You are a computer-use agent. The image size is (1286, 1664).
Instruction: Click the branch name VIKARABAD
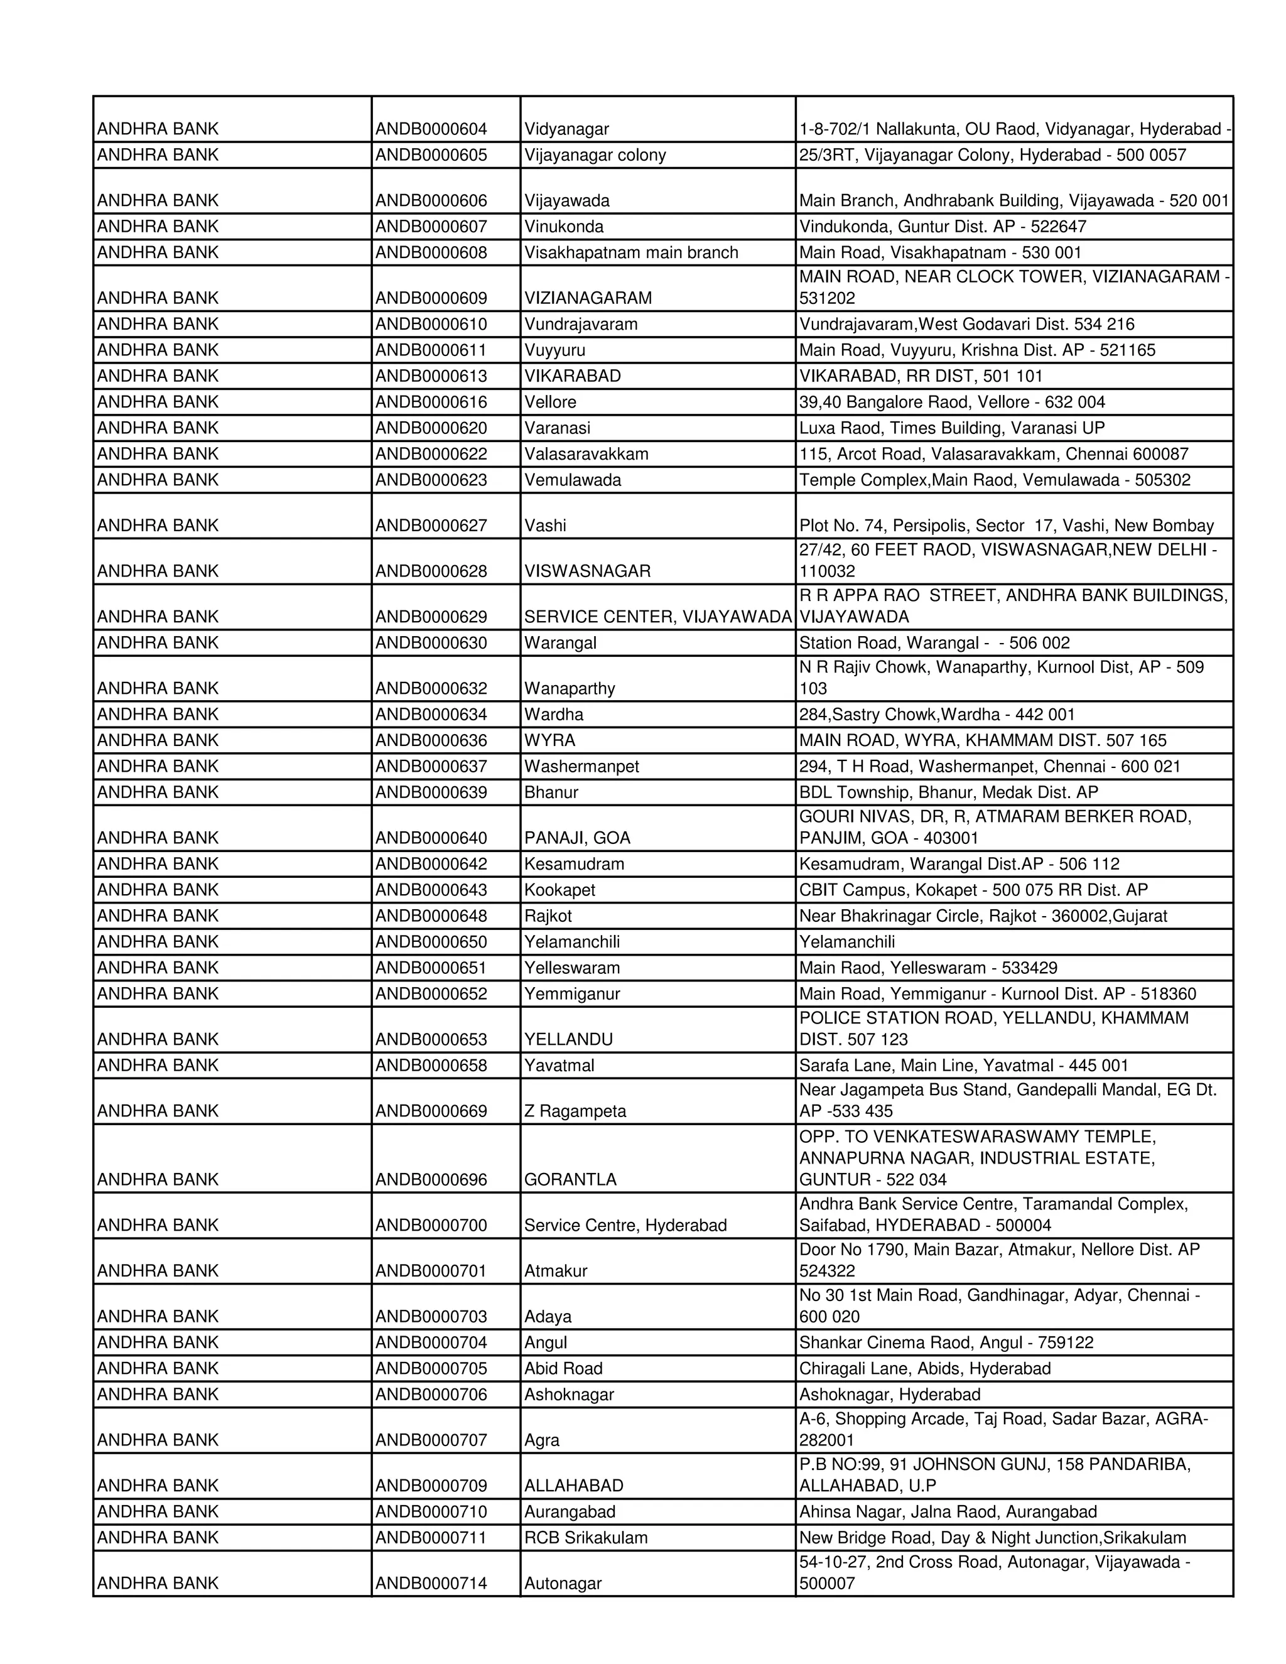(x=572, y=376)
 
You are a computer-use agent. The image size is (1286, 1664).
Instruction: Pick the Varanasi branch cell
(x=557, y=428)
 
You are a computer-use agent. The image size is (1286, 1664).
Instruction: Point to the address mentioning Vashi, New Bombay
(x=1006, y=526)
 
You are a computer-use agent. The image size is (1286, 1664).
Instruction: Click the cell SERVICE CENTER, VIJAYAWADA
(x=657, y=617)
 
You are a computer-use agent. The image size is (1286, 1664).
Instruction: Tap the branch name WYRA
(x=549, y=740)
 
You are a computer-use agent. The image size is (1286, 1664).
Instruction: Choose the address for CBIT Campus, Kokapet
(x=973, y=890)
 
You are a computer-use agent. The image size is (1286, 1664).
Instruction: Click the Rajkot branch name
(x=548, y=916)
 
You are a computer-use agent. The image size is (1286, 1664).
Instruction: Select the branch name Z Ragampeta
(x=575, y=1111)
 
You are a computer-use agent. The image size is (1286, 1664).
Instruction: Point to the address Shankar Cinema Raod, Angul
(x=946, y=1343)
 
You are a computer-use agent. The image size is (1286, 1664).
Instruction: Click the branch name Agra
(x=542, y=1440)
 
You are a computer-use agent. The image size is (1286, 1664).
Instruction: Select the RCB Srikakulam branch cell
(x=585, y=1538)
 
